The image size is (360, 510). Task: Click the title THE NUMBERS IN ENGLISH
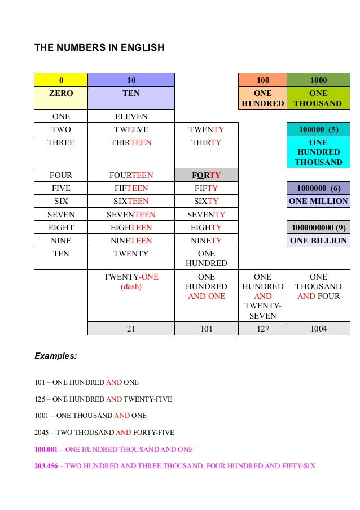[x=99, y=48]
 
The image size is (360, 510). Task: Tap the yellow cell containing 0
[x=61, y=80]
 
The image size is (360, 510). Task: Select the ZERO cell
[x=61, y=93]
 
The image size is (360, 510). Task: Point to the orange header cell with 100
[x=262, y=80]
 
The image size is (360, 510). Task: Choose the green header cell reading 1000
[x=318, y=80]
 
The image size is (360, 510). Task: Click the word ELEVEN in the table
[x=131, y=116]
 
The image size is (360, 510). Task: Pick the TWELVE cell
[x=131, y=129]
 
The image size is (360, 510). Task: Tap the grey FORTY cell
[x=207, y=175]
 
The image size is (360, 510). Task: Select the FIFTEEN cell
[x=131, y=188]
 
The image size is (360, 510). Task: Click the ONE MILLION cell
[x=318, y=201]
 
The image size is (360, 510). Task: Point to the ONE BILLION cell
[x=318, y=240]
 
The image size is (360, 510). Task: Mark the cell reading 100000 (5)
[x=318, y=129]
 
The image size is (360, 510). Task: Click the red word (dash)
[x=131, y=286]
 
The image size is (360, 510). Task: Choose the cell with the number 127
[x=262, y=328]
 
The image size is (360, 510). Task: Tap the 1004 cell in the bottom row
[x=318, y=328]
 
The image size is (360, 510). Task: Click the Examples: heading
[x=56, y=356]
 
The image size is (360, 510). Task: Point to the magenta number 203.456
[x=46, y=466]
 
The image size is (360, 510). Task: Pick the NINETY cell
[x=207, y=240]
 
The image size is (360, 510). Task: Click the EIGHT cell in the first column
[x=61, y=227]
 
